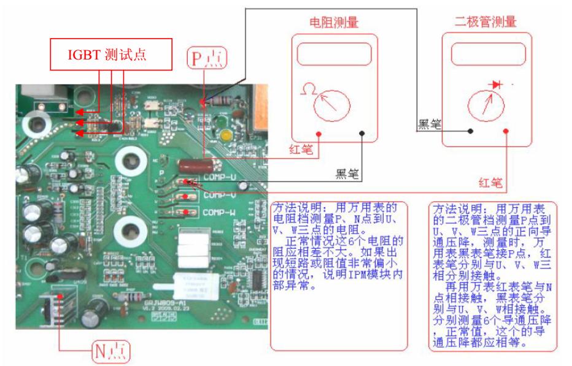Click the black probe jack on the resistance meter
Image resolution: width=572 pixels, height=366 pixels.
(363, 133)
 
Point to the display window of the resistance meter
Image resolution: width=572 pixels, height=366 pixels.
(334, 55)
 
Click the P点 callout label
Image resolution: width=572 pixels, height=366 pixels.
(207, 59)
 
